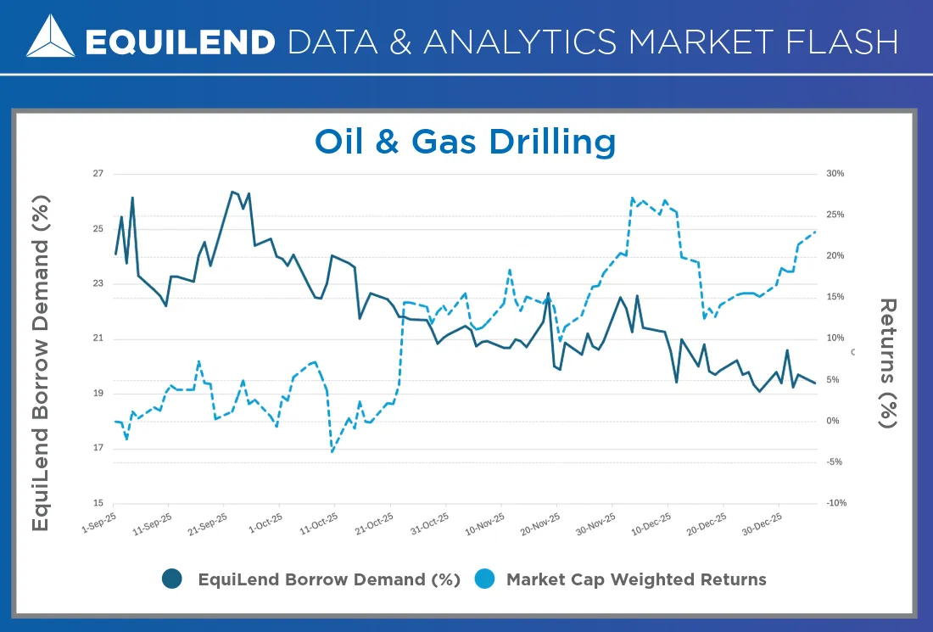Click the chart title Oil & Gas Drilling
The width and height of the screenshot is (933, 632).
[465, 142]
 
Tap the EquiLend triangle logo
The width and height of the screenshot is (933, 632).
[51, 36]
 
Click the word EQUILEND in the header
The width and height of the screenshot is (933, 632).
[181, 42]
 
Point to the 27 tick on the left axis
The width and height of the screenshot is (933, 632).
[98, 174]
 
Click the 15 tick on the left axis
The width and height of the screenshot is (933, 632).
[98, 503]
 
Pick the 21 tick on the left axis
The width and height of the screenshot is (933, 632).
[98, 338]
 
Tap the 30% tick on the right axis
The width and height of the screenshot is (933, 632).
[835, 174]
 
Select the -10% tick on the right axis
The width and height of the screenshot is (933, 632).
[836, 503]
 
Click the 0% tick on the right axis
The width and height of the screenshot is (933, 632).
[832, 421]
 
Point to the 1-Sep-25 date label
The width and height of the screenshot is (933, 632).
[98, 523]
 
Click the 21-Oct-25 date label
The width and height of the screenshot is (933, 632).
[374, 523]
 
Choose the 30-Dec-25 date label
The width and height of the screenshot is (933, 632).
[762, 523]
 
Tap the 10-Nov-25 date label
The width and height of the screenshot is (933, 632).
[484, 523]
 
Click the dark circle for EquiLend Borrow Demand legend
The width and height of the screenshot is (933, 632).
[172, 579]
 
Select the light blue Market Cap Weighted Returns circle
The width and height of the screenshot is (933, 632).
[485, 579]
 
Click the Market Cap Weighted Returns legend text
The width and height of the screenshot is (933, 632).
[636, 579]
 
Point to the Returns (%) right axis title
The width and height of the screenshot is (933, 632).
[888, 363]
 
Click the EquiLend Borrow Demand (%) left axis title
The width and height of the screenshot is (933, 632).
[41, 363]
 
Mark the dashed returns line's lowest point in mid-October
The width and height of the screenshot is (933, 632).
[332, 451]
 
